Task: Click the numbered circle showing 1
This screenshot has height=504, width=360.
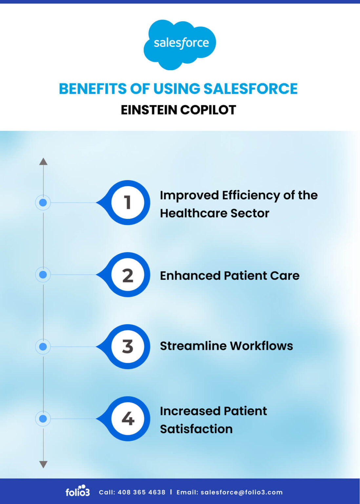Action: point(128,202)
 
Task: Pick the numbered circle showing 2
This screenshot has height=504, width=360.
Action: point(128,275)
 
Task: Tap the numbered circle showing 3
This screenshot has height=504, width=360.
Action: point(128,346)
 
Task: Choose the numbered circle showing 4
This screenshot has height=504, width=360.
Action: point(128,419)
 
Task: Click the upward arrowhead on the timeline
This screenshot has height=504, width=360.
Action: point(43,161)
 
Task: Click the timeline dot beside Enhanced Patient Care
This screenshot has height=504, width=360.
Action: point(43,275)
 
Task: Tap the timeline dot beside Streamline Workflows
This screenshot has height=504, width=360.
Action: point(43,346)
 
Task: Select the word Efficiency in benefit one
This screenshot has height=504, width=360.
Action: point(250,196)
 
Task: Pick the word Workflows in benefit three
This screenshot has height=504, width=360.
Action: point(261,346)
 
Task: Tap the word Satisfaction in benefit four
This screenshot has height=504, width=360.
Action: point(196,429)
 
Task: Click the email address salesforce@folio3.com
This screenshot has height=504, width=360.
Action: point(241,492)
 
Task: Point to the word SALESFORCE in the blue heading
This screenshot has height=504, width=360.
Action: point(250,89)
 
